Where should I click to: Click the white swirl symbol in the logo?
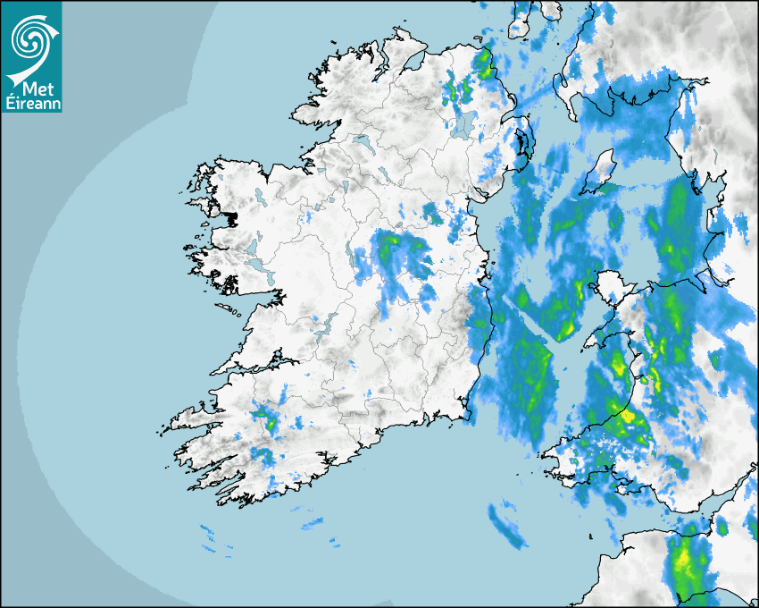coord(31,37)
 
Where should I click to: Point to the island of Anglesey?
coord(612,289)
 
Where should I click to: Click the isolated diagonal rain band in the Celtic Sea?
coord(506,525)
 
